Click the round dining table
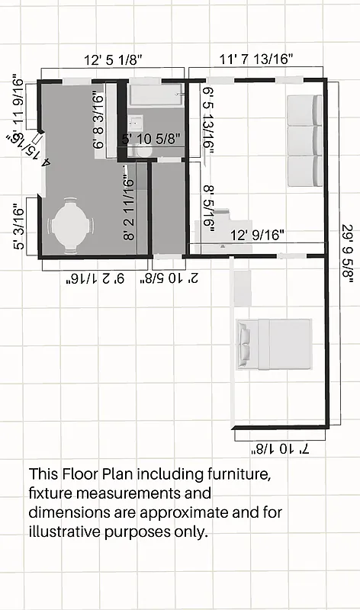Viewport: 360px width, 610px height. pyautogui.click(x=70, y=226)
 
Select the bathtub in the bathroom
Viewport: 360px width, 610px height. pyautogui.click(x=155, y=95)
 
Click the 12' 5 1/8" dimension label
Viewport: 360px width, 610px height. pyautogui.click(x=113, y=59)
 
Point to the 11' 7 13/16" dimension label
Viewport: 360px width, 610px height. pyautogui.click(x=256, y=59)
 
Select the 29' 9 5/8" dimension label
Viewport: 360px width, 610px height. pyautogui.click(x=348, y=245)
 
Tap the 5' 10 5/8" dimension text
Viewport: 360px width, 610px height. pyautogui.click(x=151, y=139)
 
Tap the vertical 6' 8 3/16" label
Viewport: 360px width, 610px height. pyautogui.click(x=97, y=120)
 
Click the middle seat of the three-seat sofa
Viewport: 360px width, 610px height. pyautogui.click(x=303, y=140)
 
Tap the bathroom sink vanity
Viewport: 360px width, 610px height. pyautogui.click(x=135, y=123)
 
